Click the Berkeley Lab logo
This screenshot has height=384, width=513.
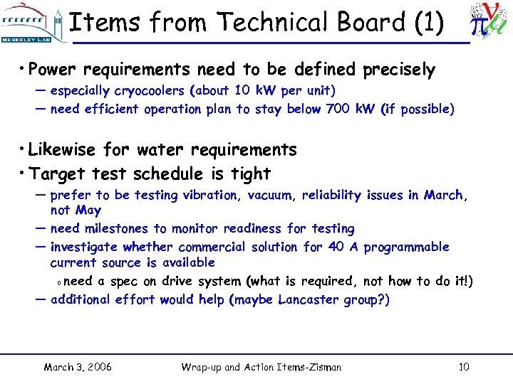pyautogui.click(x=31, y=23)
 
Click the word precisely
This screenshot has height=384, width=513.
pyautogui.click(x=399, y=70)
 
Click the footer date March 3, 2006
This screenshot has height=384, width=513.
pyautogui.click(x=77, y=368)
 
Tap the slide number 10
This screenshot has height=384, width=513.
pyautogui.click(x=463, y=368)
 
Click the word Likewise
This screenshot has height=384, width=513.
pyautogui.click(x=63, y=150)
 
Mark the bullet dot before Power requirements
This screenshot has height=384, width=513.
pyautogui.click(x=24, y=69)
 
